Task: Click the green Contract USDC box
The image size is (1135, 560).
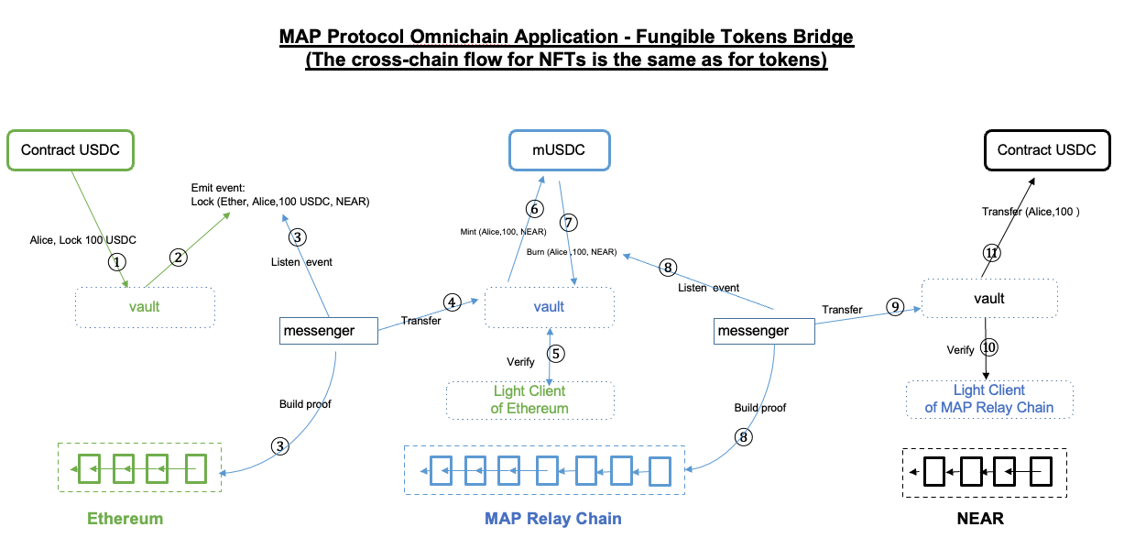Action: [71, 150]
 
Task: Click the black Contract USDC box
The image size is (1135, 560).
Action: [1046, 150]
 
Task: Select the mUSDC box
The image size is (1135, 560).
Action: [560, 150]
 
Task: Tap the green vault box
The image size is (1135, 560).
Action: [144, 307]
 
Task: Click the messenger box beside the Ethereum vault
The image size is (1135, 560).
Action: [328, 331]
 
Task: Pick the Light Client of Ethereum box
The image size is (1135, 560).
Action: [529, 400]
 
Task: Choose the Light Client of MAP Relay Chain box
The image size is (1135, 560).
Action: [988, 399]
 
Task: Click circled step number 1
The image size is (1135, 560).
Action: [115, 261]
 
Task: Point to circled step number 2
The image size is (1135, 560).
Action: [180, 258]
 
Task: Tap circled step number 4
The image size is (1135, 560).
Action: [451, 302]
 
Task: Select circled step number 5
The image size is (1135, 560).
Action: [555, 353]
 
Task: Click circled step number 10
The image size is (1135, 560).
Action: [988, 347]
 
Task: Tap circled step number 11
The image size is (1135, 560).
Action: [991, 252]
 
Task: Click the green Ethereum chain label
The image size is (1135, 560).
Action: [125, 519]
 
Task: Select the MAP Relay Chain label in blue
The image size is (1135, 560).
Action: [552, 519]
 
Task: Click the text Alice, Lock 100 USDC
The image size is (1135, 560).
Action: [83, 240]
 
